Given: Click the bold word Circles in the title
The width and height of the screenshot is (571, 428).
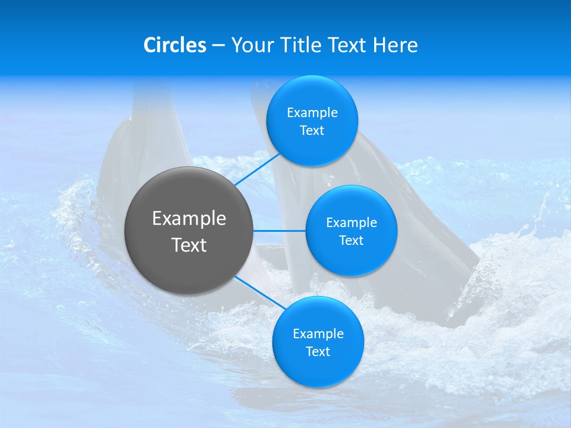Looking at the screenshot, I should point(175,45).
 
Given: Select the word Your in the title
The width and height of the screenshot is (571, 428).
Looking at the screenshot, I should point(251,45).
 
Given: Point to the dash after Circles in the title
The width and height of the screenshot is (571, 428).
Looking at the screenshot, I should point(218,46).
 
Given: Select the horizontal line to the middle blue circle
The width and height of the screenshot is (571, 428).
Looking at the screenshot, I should point(279,231).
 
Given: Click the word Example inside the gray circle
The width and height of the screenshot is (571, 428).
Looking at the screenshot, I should point(189,219).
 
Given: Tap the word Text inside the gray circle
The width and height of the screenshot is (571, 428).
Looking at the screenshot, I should point(189,245).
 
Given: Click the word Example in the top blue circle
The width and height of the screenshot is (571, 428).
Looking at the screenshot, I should point(312,113).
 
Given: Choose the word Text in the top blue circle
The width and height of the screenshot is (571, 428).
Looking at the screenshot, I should point(312,131).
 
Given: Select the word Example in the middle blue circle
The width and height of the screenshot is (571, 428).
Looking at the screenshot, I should point(352,223).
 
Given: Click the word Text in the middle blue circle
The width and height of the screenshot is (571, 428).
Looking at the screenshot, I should point(352,241).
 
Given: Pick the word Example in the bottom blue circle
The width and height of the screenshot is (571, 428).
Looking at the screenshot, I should point(318,334).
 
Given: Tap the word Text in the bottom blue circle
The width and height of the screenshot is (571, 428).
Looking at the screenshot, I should point(318,352).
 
